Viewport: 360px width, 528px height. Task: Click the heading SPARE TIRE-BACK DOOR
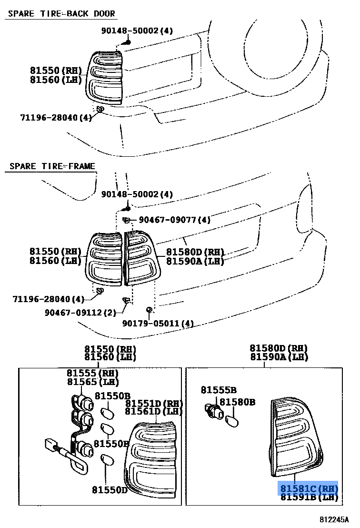[61, 13]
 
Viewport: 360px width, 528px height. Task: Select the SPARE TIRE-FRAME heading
[52, 166]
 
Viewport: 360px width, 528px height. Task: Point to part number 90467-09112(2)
[80, 313]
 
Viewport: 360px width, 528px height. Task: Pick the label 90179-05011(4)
[158, 324]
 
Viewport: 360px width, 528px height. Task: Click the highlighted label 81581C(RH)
[308, 488]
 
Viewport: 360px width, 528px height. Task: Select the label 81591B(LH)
[308, 498]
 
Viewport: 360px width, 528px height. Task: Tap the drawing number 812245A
[334, 519]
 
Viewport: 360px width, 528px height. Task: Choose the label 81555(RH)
[92, 373]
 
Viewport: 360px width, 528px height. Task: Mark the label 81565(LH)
[92, 382]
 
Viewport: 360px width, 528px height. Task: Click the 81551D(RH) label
[154, 403]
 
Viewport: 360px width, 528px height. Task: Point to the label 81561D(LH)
[154, 411]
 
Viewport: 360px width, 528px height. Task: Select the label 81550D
[110, 489]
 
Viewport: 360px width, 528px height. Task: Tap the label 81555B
[219, 390]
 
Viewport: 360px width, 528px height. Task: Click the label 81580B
[237, 402]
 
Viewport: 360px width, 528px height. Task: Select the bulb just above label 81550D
[108, 460]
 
